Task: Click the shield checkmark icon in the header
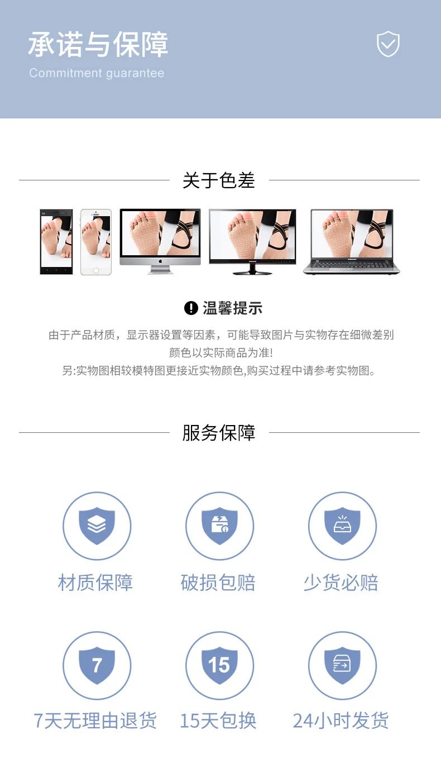(x=388, y=44)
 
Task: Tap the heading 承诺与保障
(x=98, y=44)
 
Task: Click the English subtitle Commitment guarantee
(x=97, y=73)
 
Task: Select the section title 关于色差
(x=219, y=180)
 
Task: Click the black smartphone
(x=56, y=242)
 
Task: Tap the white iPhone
(x=96, y=242)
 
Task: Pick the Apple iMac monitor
(x=160, y=241)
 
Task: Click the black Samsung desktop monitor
(x=252, y=242)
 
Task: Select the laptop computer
(x=352, y=242)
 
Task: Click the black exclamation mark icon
(x=191, y=308)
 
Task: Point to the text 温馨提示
(x=233, y=308)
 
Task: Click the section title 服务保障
(x=219, y=433)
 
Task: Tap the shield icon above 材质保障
(x=97, y=526)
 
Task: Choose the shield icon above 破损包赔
(x=219, y=526)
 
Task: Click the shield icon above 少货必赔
(x=342, y=526)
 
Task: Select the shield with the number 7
(x=97, y=665)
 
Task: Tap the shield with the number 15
(x=219, y=665)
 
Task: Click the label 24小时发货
(x=341, y=721)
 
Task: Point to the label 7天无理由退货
(x=95, y=721)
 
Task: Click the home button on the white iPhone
(x=96, y=270)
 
